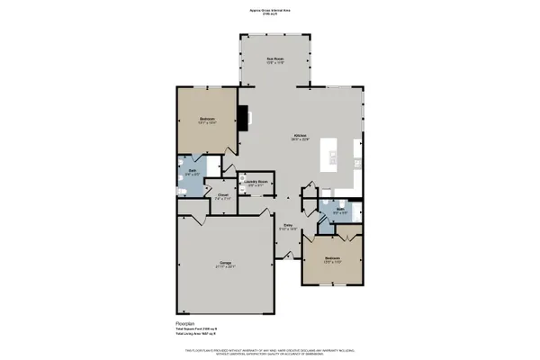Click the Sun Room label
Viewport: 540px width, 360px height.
pyautogui.click(x=274, y=59)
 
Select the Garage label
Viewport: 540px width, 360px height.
pyautogui.click(x=221, y=264)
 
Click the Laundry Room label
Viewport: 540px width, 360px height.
pyautogui.click(x=257, y=182)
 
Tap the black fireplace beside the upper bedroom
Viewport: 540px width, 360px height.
pyautogui.click(x=243, y=115)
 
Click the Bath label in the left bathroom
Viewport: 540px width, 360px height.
pyautogui.click(x=193, y=167)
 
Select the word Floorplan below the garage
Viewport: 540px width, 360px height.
pyautogui.click(x=185, y=320)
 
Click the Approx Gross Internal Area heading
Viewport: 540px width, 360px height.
pyautogui.click(x=270, y=10)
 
